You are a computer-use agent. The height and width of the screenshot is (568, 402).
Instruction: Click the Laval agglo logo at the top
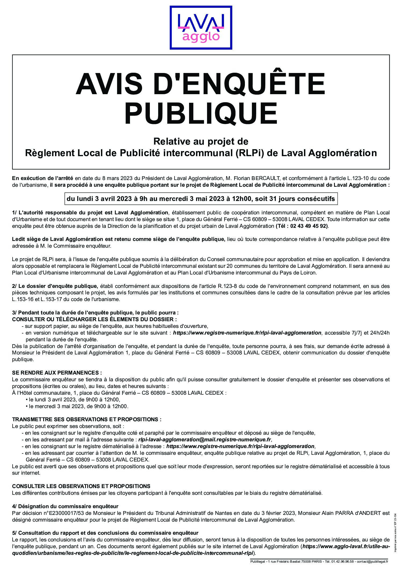(201, 28)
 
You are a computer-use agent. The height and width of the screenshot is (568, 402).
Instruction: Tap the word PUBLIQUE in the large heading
(201, 114)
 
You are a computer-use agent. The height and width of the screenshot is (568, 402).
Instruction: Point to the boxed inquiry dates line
(201, 199)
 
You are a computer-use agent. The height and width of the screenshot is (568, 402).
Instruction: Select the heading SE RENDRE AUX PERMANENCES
(57, 373)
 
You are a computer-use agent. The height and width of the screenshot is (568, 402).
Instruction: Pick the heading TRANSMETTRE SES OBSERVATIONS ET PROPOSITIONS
(87, 419)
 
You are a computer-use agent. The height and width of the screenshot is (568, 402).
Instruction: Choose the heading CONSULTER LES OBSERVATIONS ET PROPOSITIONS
(81, 486)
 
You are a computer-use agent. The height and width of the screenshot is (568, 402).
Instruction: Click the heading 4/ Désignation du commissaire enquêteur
(65, 506)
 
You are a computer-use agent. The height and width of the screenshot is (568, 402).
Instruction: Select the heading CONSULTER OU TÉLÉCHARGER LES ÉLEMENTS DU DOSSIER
(95, 319)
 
